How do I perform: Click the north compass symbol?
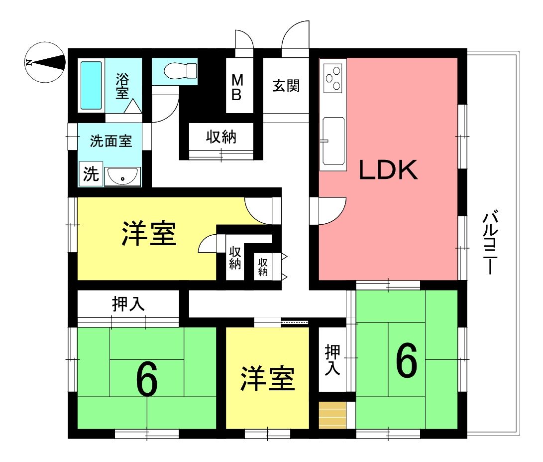[45, 62]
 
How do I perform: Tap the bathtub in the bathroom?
[91, 85]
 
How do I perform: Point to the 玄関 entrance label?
[286, 86]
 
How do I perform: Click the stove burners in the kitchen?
[333, 78]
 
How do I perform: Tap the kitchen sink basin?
[333, 141]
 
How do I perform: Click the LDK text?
[388, 170]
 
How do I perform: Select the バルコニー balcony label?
[490, 241]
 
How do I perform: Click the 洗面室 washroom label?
[111, 141]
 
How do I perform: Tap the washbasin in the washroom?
[123, 176]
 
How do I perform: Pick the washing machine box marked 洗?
[91, 174]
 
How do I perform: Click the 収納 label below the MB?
[221, 137]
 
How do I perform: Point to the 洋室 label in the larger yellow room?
[149, 234]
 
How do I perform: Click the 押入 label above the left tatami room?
[128, 304]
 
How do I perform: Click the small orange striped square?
[332, 415]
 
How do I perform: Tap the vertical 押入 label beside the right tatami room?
[332, 360]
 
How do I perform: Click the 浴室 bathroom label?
[122, 86]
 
